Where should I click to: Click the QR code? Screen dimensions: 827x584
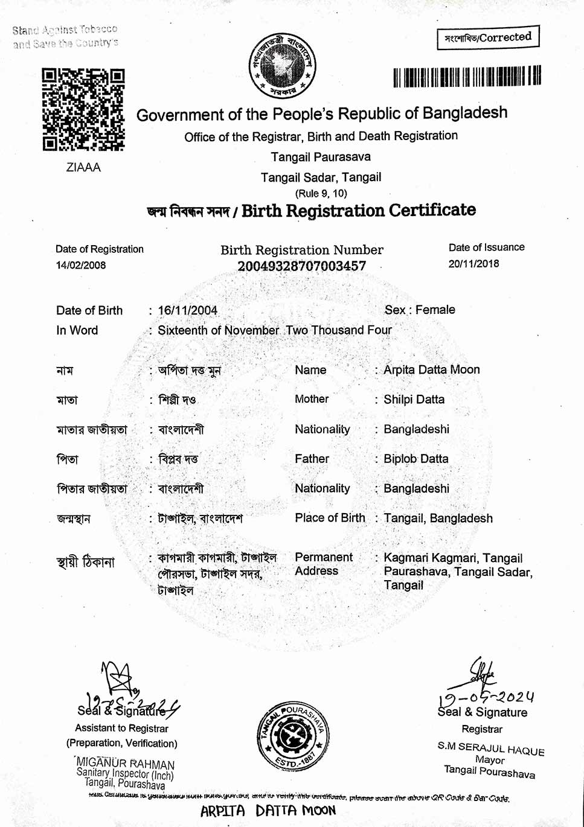point(83,109)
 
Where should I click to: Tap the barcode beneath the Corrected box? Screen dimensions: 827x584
point(467,77)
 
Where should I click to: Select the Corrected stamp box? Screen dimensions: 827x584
point(488,37)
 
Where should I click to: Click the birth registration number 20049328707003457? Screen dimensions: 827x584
point(301,266)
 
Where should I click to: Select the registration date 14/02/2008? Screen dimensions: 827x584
point(81,265)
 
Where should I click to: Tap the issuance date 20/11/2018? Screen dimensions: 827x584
point(473,263)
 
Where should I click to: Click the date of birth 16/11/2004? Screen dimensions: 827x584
point(187,310)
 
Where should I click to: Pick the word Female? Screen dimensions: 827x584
point(435,310)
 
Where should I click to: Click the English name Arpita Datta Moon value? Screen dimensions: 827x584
point(431,369)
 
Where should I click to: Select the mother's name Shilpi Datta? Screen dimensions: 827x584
point(414,399)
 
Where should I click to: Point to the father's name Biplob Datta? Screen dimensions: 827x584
point(416,459)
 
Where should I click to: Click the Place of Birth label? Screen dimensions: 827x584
point(330,518)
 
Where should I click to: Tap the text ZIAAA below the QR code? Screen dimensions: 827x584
point(83,167)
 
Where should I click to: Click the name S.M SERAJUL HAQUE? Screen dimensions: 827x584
point(491,748)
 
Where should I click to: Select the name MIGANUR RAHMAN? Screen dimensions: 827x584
point(126,764)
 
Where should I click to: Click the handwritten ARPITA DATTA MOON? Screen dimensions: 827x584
point(268,811)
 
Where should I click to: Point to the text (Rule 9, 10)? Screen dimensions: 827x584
point(321,193)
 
